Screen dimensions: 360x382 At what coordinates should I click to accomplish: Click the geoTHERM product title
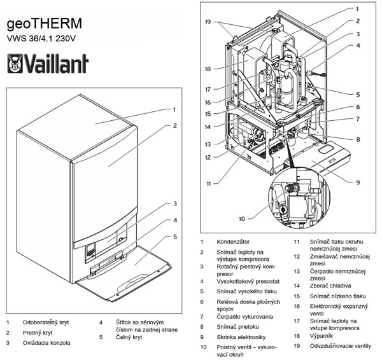(44, 24)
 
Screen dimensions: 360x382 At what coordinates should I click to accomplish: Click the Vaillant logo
(48, 64)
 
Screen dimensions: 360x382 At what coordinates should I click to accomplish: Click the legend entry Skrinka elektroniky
(242, 336)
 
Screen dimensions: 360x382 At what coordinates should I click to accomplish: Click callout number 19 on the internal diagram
(208, 22)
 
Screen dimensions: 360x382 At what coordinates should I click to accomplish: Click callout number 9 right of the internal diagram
(358, 183)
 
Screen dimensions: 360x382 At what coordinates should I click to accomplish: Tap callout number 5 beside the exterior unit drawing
(174, 237)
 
